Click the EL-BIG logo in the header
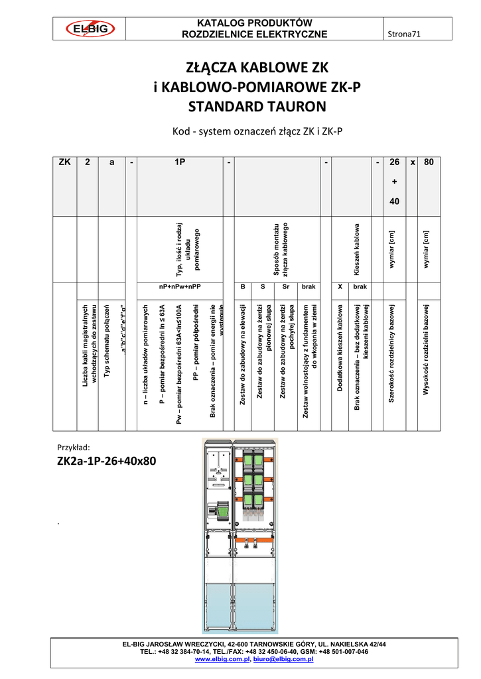pyautogui.click(x=90, y=29)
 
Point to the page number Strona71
pyautogui.click(x=403, y=34)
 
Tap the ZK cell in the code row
pyautogui.click(x=65, y=162)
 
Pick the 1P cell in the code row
pyautogui.click(x=179, y=162)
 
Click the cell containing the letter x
pyautogui.click(x=412, y=162)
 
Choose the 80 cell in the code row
pyautogui.click(x=428, y=162)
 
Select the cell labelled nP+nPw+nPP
pyautogui.click(x=179, y=286)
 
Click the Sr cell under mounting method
pyautogui.click(x=286, y=286)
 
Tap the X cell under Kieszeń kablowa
pyautogui.click(x=340, y=286)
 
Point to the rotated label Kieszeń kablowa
pyautogui.click(x=356, y=249)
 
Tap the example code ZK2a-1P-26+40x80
pyautogui.click(x=107, y=461)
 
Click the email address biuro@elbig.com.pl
pyautogui.click(x=283, y=660)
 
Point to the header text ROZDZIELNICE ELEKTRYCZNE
pyautogui.click(x=255, y=34)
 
